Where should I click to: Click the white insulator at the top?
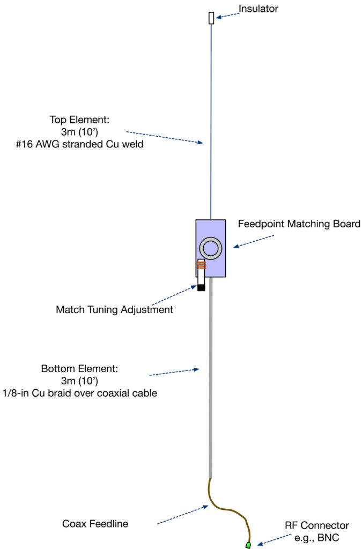[211, 18]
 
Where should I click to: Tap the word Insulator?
[258, 8]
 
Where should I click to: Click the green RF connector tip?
[248, 545]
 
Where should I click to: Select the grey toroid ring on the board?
[211, 249]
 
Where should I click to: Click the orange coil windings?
[202, 264]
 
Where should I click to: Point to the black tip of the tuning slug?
[202, 287]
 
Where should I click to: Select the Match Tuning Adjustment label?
[114, 310]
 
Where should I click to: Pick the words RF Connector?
[317, 525]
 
